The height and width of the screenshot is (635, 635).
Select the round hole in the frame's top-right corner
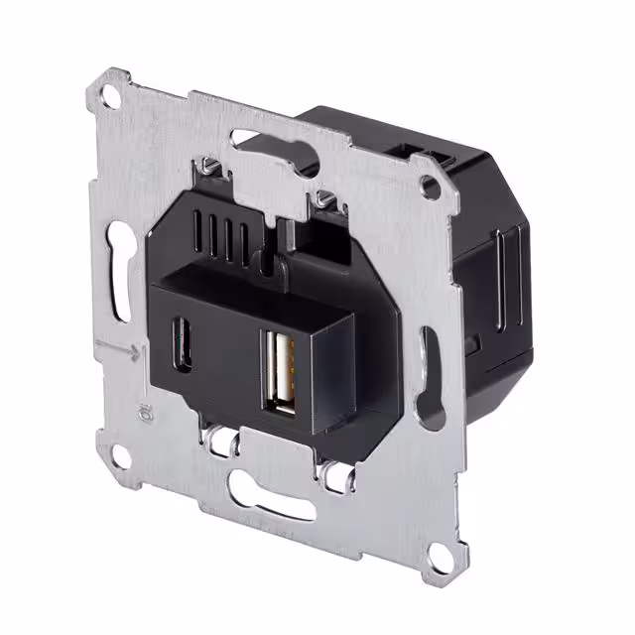pyautogui.click(x=430, y=185)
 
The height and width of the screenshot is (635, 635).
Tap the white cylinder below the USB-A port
pyautogui.click(x=327, y=465)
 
